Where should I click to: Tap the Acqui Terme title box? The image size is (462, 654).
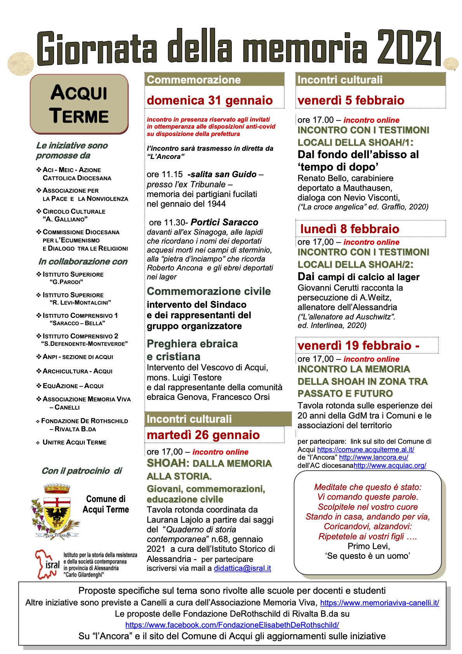(x=79, y=104)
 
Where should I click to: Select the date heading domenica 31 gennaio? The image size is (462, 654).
(x=210, y=100)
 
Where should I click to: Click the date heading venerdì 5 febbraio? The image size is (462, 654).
(x=351, y=100)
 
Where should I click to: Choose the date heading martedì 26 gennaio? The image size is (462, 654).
(x=203, y=435)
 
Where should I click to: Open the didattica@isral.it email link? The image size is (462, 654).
(x=242, y=568)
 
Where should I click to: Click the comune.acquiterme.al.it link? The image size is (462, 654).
(x=365, y=449)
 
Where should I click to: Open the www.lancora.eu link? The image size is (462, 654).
(x=373, y=457)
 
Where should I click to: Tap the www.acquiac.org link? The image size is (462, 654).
(x=390, y=465)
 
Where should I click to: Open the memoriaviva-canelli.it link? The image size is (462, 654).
(x=379, y=603)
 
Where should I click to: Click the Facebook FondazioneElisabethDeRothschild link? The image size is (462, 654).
(x=232, y=625)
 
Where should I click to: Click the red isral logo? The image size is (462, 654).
(x=47, y=564)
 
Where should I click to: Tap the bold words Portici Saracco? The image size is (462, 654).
(x=224, y=222)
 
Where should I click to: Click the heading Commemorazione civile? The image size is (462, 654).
(x=208, y=291)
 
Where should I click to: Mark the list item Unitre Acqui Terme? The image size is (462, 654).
(x=74, y=442)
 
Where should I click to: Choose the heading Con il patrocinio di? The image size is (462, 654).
(x=82, y=471)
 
